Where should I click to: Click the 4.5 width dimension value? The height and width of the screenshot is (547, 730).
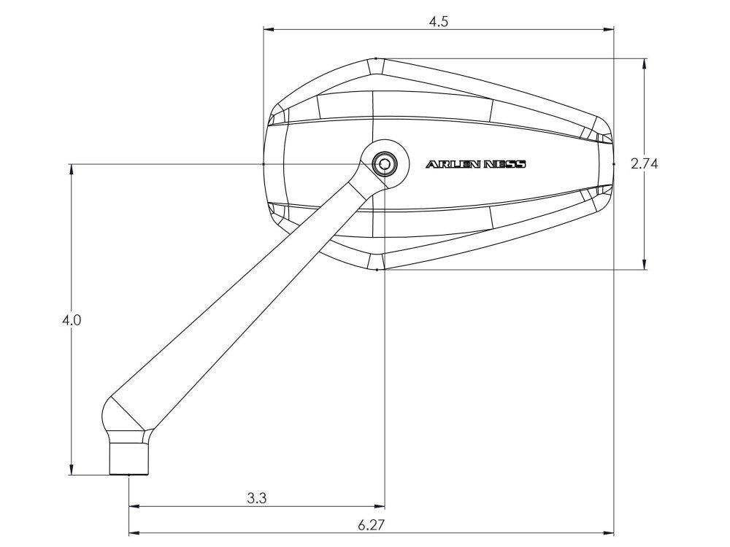pyautogui.click(x=439, y=21)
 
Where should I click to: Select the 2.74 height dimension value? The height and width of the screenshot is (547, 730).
pyautogui.click(x=645, y=164)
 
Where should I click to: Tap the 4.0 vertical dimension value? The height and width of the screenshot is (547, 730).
pyautogui.click(x=72, y=319)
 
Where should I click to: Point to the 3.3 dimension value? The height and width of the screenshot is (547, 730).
pyautogui.click(x=257, y=499)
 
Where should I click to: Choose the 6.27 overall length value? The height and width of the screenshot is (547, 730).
pyautogui.click(x=372, y=524)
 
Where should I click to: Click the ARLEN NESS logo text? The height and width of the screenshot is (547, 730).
pyautogui.click(x=475, y=164)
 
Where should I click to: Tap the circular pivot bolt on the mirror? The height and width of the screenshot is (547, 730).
pyautogui.click(x=382, y=163)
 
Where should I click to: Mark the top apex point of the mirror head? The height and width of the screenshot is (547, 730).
pyautogui.click(x=375, y=58)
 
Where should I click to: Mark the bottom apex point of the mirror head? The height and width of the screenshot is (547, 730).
pyautogui.click(x=376, y=270)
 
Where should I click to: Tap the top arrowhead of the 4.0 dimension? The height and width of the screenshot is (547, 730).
pyautogui.click(x=72, y=169)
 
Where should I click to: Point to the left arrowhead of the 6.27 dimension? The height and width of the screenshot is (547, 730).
pyautogui.click(x=134, y=532)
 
